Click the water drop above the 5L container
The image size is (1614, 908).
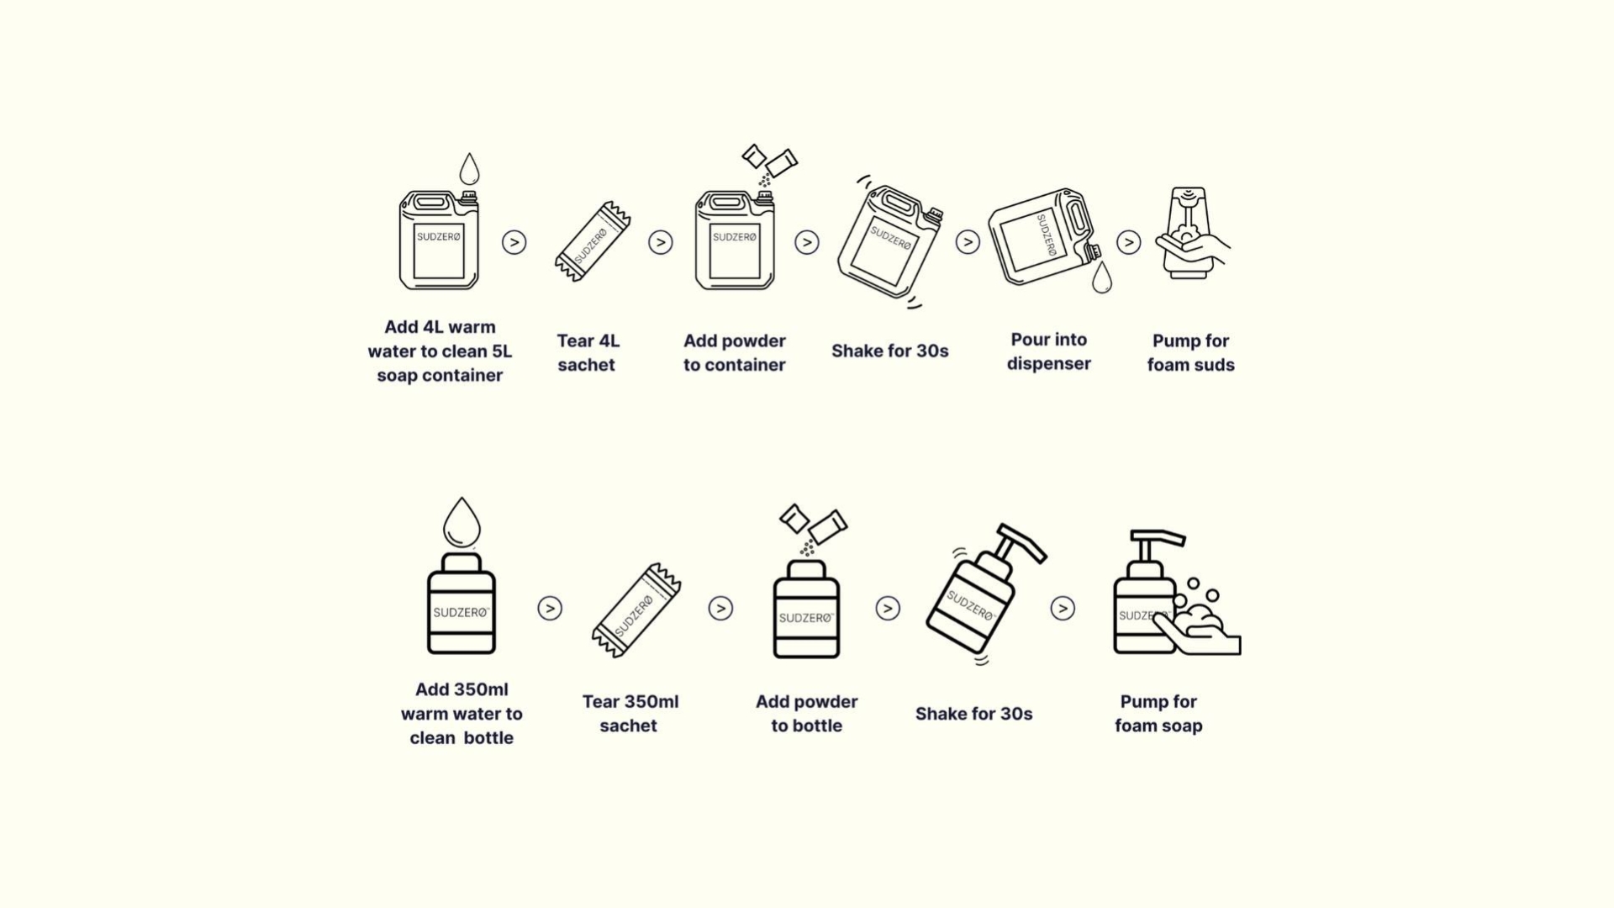coord(469,169)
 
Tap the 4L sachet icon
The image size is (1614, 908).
coord(593,241)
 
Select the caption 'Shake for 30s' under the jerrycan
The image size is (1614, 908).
coord(890,351)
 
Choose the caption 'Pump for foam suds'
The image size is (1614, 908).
coord(1191,353)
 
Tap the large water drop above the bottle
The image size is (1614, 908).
coord(462,522)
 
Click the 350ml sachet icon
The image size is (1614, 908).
coord(636,610)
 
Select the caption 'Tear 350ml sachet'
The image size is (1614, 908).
coord(630,714)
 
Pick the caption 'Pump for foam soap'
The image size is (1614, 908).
coord(1158,714)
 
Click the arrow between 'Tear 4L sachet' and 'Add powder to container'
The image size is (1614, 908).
coord(661,242)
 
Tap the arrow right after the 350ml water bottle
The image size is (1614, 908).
coord(550,608)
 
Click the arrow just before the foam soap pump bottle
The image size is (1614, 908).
coord(1063,608)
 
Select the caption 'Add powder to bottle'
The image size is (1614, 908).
coord(807,714)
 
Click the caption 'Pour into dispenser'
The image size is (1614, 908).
coord(1049,351)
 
